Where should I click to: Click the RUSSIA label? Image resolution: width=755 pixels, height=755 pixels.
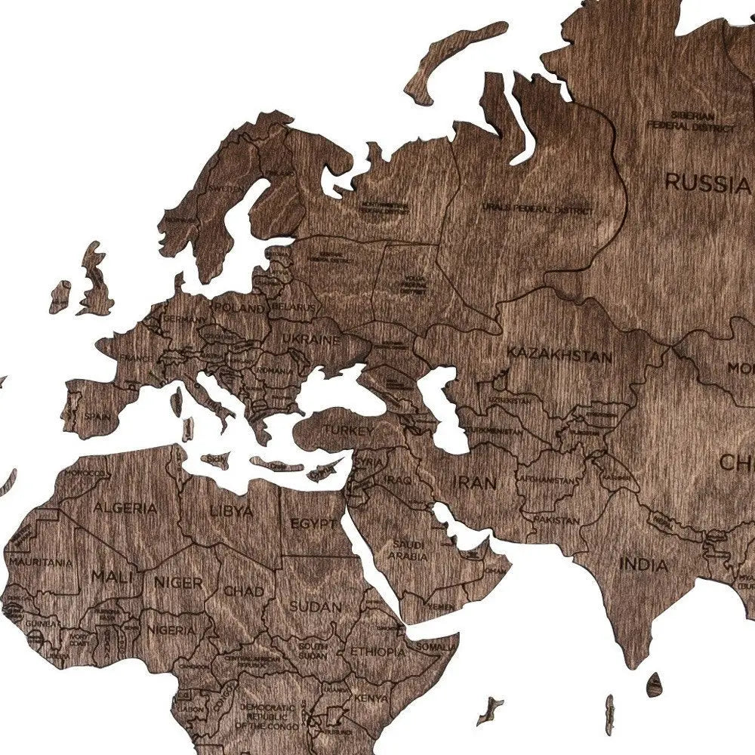pyautogui.click(x=705, y=182)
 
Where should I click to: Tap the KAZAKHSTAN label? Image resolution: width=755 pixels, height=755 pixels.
pyautogui.click(x=559, y=354)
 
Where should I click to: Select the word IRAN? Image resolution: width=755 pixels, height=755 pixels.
pyautogui.click(x=474, y=482)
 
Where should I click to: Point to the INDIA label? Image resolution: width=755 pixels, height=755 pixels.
pyautogui.click(x=643, y=564)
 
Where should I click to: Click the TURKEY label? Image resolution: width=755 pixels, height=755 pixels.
pyautogui.click(x=349, y=430)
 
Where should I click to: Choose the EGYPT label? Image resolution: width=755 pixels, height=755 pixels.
pyautogui.click(x=313, y=523)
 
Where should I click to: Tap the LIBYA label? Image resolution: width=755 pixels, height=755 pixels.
pyautogui.click(x=232, y=511)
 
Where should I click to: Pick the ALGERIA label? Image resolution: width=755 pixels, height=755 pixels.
pyautogui.click(x=125, y=507)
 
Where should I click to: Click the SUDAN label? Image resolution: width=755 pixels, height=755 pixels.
pyautogui.click(x=316, y=606)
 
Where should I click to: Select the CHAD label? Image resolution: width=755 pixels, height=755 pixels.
pyautogui.click(x=244, y=591)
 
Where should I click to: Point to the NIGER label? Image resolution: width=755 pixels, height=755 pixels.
pyautogui.click(x=178, y=582)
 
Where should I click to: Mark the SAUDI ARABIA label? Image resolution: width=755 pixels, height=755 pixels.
pyautogui.click(x=408, y=550)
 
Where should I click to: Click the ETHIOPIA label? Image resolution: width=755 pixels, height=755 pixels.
pyautogui.click(x=378, y=651)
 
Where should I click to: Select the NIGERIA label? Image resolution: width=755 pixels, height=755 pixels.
pyautogui.click(x=171, y=629)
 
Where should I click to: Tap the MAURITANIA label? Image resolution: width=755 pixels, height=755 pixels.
pyautogui.click(x=42, y=562)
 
